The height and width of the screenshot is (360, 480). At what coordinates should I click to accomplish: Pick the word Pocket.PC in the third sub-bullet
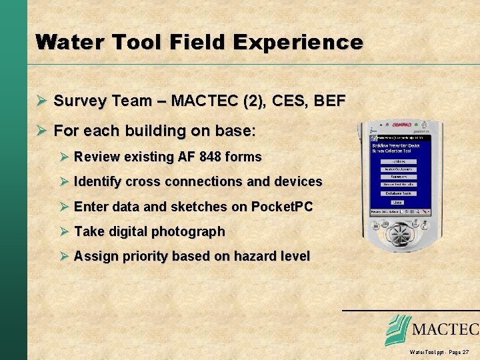tap(282, 207)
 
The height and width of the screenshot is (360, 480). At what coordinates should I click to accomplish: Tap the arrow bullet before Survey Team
tap(41, 101)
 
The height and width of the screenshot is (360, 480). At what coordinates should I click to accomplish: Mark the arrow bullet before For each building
tap(41, 131)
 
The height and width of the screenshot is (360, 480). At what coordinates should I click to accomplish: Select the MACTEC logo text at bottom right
tap(445, 329)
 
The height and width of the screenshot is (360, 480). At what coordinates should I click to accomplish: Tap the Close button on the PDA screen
tap(397, 203)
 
